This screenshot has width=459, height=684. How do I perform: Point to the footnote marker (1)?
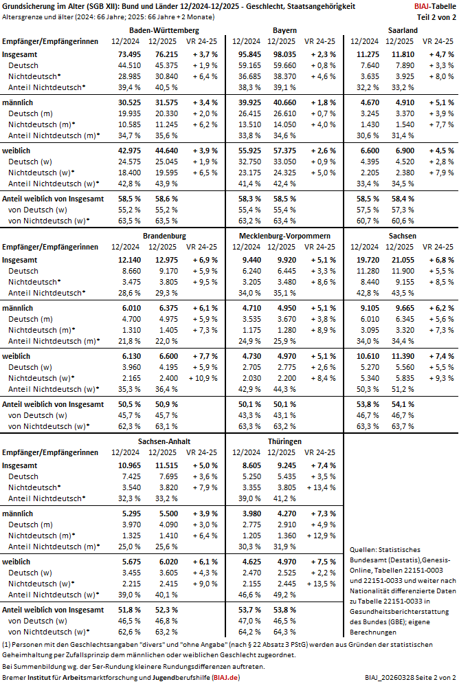[x=7, y=644]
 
